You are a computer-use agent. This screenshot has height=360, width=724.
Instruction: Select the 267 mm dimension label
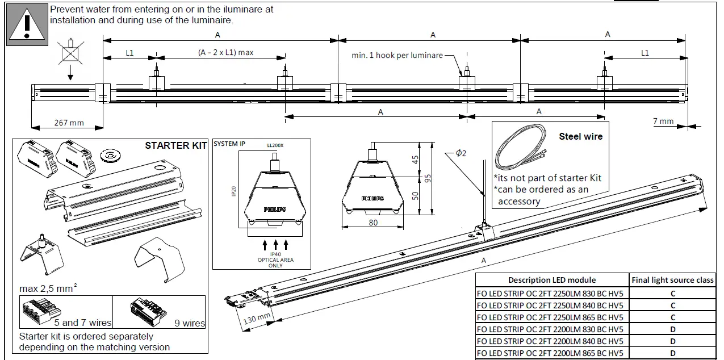[x=69, y=123]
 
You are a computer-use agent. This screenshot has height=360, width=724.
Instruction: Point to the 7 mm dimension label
[x=663, y=121]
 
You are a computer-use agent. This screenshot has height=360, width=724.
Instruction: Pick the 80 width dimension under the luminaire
[x=373, y=223]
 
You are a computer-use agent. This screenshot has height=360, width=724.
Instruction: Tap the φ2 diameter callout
[x=461, y=153]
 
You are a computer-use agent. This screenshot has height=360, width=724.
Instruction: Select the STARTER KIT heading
[x=176, y=145]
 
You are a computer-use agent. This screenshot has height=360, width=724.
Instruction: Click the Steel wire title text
[x=580, y=136]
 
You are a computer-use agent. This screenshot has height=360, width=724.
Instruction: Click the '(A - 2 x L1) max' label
[x=225, y=52]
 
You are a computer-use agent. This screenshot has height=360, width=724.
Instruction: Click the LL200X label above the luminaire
[x=275, y=145]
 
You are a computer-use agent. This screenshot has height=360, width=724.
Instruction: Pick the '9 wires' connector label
[x=190, y=323]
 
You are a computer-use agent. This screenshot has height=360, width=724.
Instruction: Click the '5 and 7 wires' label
[x=87, y=323]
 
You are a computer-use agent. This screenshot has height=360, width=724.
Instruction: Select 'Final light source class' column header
[x=672, y=280]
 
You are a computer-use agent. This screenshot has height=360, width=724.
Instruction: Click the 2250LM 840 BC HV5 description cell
[x=550, y=305]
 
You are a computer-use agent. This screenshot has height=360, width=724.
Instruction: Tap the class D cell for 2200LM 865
[x=672, y=354]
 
